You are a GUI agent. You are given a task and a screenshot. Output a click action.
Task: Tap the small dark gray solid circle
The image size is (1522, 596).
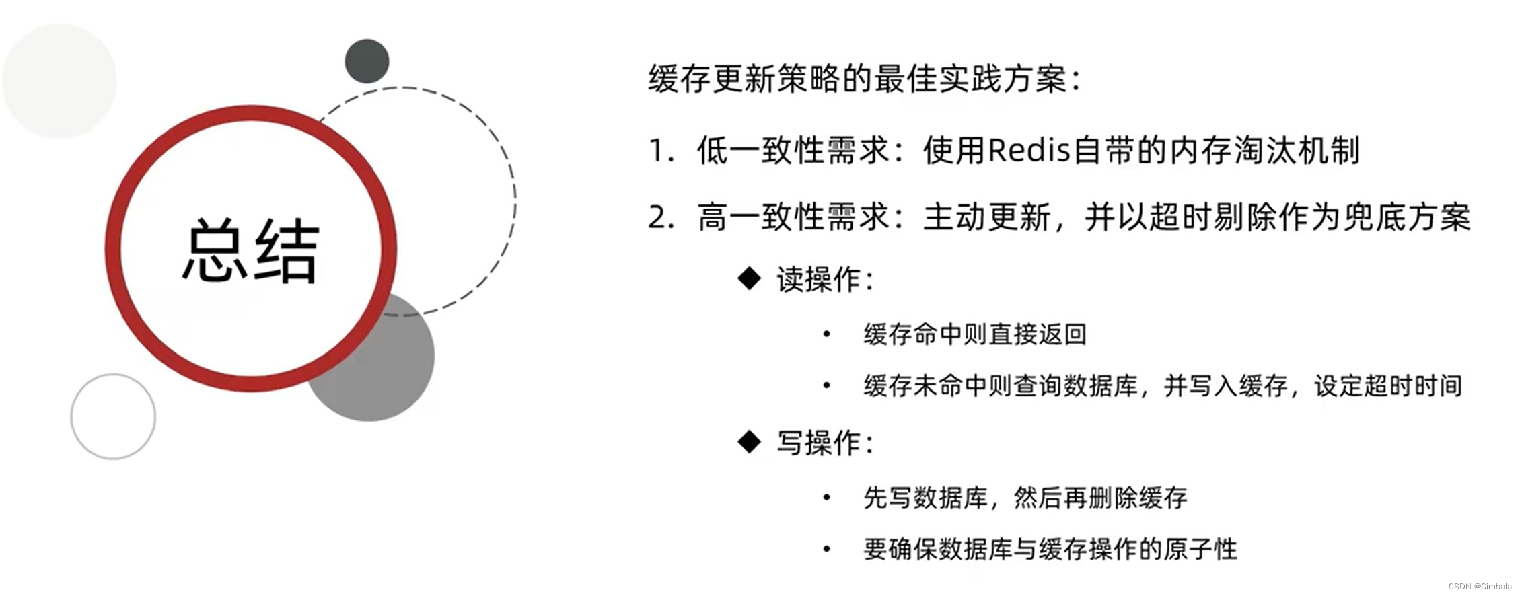(367, 61)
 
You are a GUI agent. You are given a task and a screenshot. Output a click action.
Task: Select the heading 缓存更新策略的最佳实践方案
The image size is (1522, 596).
(865, 79)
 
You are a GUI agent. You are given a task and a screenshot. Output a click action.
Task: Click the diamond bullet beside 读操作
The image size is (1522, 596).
(749, 278)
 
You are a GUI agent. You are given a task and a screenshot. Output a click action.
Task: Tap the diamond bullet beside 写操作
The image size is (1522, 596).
(749, 442)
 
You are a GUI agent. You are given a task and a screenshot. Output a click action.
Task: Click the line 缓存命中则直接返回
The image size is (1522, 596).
(975, 334)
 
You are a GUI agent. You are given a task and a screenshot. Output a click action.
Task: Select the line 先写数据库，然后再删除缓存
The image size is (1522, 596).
(1025, 498)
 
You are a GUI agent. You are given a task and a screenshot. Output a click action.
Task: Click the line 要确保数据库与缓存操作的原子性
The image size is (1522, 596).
(1050, 549)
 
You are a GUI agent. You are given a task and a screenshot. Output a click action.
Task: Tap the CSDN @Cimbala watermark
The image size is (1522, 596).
(1480, 586)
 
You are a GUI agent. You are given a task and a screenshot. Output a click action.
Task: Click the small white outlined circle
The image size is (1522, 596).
(113, 417)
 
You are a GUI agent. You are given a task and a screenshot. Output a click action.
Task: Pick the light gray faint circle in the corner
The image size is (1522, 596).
(59, 81)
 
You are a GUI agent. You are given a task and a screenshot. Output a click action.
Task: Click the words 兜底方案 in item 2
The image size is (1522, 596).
(1406, 218)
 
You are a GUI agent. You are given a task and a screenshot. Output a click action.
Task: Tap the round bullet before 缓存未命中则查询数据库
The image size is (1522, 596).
(827, 385)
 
